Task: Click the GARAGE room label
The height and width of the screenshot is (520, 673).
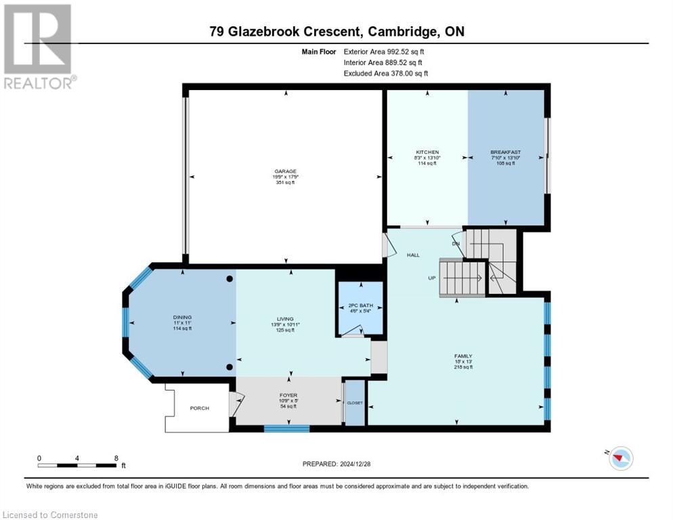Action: [284, 171]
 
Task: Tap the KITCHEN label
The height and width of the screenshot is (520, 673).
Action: [427, 152]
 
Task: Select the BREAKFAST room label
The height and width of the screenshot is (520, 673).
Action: [506, 152]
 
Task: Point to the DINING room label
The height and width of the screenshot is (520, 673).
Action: [181, 317]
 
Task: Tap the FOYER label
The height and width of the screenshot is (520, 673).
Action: [288, 395]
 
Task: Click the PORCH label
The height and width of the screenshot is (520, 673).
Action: [199, 408]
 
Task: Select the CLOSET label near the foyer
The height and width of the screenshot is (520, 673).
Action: [355, 403]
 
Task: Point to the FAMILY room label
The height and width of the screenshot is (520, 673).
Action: [463, 356]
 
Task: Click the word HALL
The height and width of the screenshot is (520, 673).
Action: [413, 255]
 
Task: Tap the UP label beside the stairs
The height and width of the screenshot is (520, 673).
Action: [431, 278]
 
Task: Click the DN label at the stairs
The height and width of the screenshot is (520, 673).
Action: [456, 243]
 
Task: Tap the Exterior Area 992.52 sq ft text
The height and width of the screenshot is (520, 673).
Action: [385, 51]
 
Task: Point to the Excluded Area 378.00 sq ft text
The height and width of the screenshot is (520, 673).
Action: [385, 73]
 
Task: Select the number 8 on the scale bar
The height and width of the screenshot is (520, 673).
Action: [116, 458]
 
